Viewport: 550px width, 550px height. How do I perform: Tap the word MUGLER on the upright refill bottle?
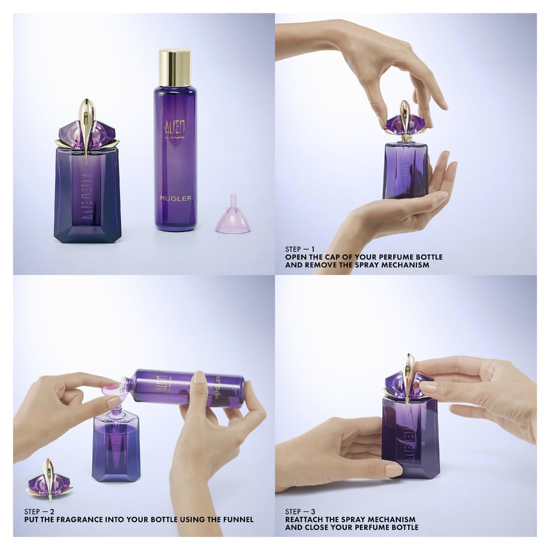pyautogui.click(x=175, y=198)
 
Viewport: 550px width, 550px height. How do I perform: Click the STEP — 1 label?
pyautogui.click(x=300, y=249)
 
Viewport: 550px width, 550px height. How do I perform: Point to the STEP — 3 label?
pyautogui.click(x=300, y=512)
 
